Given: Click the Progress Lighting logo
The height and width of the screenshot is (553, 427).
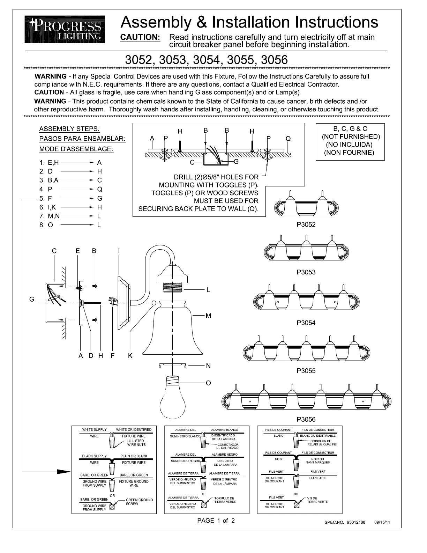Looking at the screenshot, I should (x=65, y=29).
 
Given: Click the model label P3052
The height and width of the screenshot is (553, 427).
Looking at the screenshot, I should (x=306, y=224).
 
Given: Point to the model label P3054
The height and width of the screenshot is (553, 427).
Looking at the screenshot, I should (x=306, y=323).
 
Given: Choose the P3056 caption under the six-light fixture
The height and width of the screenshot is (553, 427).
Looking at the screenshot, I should (x=306, y=419).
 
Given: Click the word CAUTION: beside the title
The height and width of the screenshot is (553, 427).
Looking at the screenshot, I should (x=140, y=37).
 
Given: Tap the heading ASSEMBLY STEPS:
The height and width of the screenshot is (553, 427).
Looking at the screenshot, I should (x=69, y=129).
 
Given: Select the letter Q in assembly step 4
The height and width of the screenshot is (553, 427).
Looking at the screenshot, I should (x=99, y=189).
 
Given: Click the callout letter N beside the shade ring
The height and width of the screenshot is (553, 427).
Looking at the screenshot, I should (x=208, y=366).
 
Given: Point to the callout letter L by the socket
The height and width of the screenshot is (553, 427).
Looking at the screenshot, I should (x=208, y=290).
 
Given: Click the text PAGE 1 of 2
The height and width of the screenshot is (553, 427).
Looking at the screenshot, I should (x=216, y=521).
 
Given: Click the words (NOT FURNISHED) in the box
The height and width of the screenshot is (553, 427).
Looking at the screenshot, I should (x=350, y=137).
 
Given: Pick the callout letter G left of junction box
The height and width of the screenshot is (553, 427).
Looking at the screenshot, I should (x=32, y=299).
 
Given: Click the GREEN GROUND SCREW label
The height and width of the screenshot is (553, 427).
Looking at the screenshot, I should (x=139, y=502).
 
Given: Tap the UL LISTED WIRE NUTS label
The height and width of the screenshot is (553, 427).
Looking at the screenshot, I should (x=136, y=443).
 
